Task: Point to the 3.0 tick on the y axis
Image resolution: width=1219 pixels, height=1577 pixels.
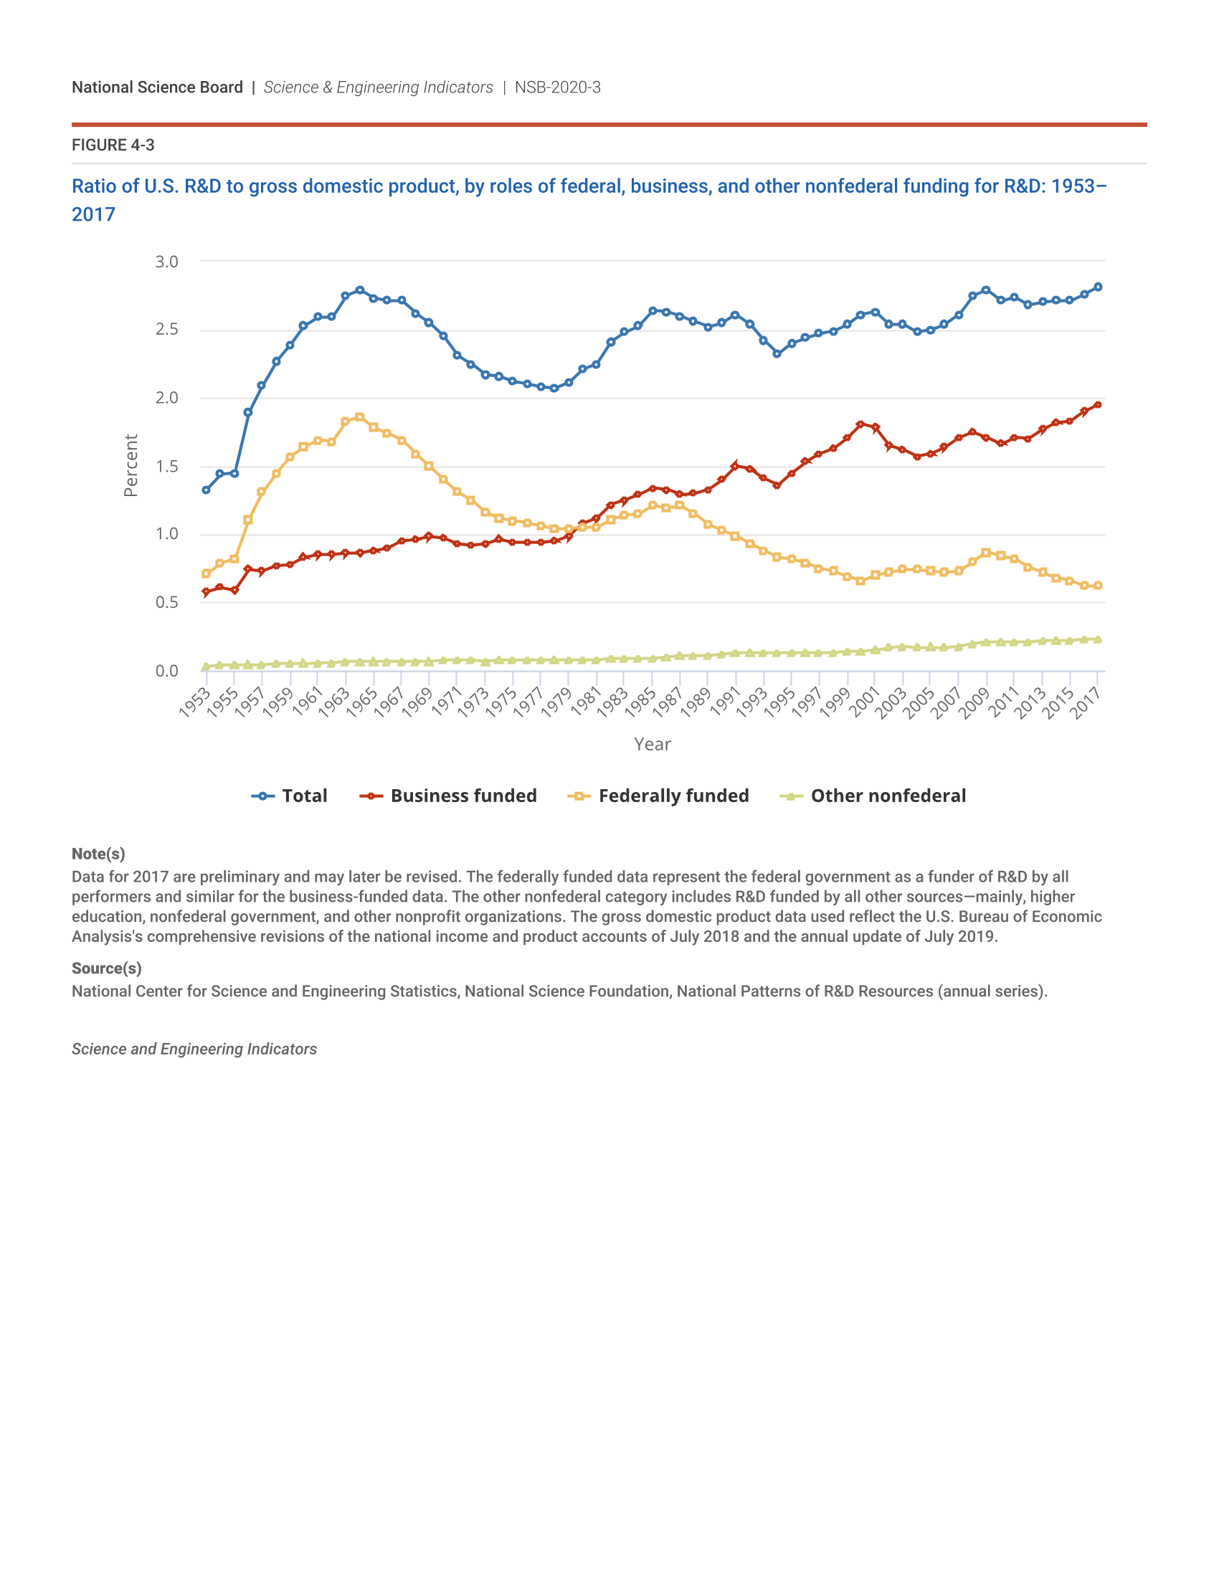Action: coord(167,262)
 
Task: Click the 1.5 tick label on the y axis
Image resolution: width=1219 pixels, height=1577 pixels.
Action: coord(167,467)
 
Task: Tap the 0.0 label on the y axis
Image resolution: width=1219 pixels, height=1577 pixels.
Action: coord(167,671)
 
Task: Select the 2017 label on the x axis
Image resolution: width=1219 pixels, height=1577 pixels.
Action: coord(1086,702)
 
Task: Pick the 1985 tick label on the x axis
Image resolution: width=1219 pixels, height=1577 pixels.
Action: coord(640,702)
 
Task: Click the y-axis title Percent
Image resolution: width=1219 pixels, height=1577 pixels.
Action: coord(131,466)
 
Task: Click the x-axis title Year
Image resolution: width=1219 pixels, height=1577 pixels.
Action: coord(652,745)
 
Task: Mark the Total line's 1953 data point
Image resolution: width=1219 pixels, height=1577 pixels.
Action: coord(206,490)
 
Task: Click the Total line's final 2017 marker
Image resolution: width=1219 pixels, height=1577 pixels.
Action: coord(1098,287)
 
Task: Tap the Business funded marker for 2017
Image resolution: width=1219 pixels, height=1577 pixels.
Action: coord(1098,405)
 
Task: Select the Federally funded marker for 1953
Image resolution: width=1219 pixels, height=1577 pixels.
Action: coord(206,574)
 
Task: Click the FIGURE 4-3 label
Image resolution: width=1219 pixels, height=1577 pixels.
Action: coord(113,145)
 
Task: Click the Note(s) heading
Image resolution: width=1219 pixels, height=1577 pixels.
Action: coord(98,854)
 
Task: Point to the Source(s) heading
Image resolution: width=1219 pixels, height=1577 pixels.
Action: coord(106,968)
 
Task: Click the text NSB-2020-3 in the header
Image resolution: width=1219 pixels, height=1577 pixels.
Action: coord(557,87)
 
